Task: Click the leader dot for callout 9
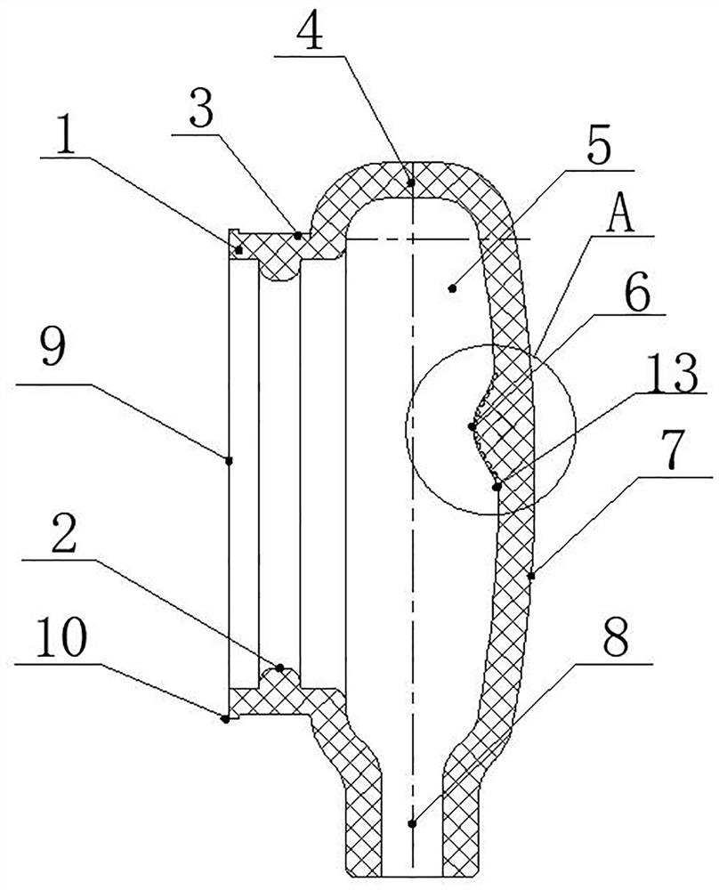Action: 229,460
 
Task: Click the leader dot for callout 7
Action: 531,576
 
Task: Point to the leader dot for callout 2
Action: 279,667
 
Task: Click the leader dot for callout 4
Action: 411,184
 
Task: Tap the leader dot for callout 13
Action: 496,485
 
